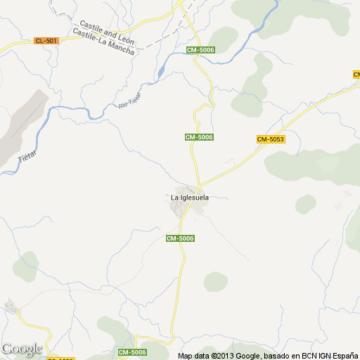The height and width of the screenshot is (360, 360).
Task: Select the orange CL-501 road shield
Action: [46, 41]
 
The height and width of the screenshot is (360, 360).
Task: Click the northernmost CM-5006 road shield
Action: [200, 50]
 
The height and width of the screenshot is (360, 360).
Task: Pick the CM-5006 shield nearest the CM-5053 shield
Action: [200, 136]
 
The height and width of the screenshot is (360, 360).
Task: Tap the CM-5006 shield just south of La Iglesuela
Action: [180, 238]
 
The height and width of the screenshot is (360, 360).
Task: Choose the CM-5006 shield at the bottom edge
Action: [132, 352]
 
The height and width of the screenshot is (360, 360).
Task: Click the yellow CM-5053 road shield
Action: [271, 139]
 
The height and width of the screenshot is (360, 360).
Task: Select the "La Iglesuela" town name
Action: [190, 198]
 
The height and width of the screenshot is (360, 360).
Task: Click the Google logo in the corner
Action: [22, 349]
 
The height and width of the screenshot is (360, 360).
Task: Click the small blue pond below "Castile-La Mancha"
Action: [161, 71]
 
